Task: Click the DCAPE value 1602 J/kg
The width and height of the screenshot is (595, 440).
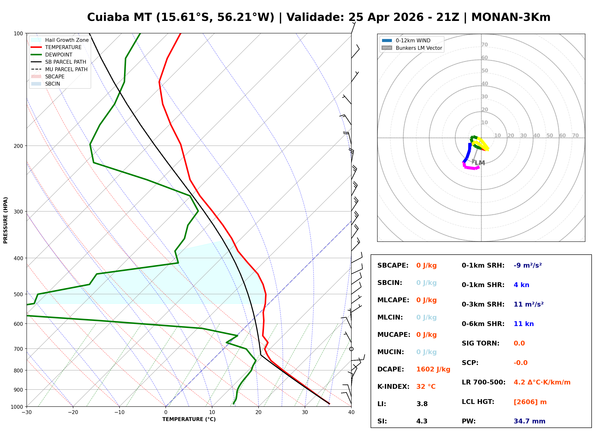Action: (433, 369)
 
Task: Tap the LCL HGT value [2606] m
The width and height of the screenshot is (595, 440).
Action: (530, 402)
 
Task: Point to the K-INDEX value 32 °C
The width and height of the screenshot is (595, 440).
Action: (426, 387)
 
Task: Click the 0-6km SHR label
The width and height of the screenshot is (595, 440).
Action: (483, 324)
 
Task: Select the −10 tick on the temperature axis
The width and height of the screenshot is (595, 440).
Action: (119, 413)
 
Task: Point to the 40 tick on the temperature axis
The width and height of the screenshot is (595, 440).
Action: (351, 413)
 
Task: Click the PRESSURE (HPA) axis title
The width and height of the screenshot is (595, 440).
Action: (6, 220)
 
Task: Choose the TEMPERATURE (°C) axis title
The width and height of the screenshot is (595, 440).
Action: (189, 420)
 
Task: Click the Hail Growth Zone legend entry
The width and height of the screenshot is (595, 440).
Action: (67, 40)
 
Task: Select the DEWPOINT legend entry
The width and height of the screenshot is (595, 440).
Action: (59, 55)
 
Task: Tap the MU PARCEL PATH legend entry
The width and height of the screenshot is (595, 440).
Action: (66, 69)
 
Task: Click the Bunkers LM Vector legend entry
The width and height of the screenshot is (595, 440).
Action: (419, 48)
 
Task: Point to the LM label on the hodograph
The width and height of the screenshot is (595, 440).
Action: (480, 163)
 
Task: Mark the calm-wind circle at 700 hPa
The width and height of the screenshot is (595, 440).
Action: (351, 349)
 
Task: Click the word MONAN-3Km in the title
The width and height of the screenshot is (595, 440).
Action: (511, 17)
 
